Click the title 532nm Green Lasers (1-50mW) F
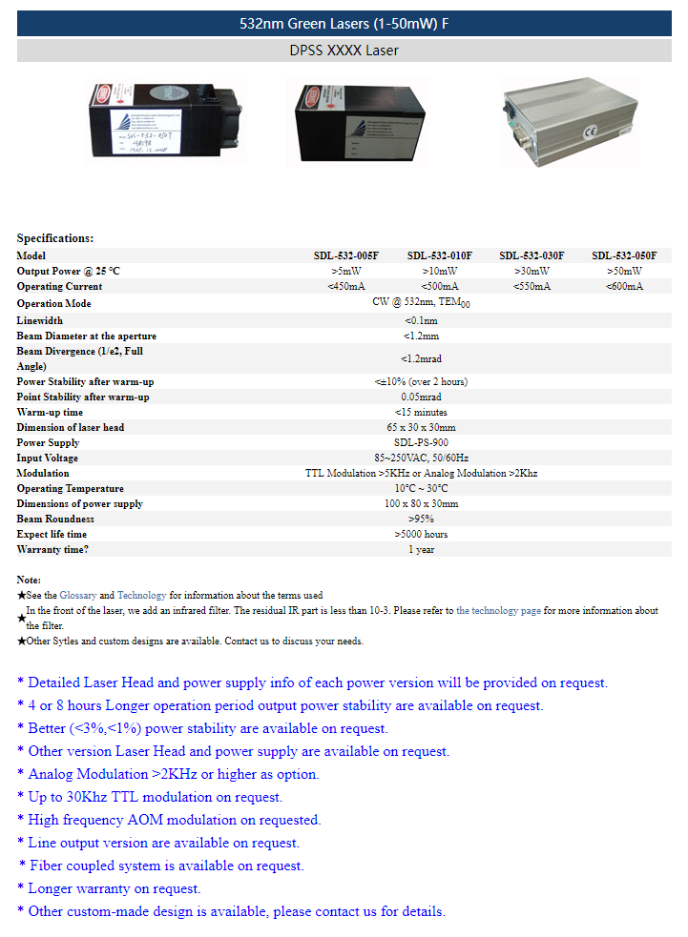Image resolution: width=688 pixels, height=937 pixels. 344,24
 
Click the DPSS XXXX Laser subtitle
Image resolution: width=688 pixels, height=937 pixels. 344,51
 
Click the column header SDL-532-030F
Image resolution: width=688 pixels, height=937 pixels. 532,255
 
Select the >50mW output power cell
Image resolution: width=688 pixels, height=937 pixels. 624,271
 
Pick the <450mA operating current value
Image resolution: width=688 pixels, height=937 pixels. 346,286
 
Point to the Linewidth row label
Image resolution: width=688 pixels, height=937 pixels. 40,320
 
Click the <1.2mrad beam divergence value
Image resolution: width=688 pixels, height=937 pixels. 421,358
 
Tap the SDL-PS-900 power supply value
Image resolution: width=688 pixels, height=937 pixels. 421,442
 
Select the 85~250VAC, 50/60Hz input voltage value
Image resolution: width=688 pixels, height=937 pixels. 421,458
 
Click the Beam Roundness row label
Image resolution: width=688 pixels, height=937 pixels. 55,519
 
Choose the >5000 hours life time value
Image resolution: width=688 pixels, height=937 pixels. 421,534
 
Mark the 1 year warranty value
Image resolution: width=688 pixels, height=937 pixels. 421,549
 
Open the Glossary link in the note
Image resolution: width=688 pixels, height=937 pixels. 78,595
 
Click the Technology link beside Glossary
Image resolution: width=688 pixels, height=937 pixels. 141,595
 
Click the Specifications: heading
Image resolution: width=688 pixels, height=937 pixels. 55,238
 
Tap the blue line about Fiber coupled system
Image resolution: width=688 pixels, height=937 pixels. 162,866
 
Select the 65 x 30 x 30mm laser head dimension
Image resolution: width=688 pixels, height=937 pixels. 421,427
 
